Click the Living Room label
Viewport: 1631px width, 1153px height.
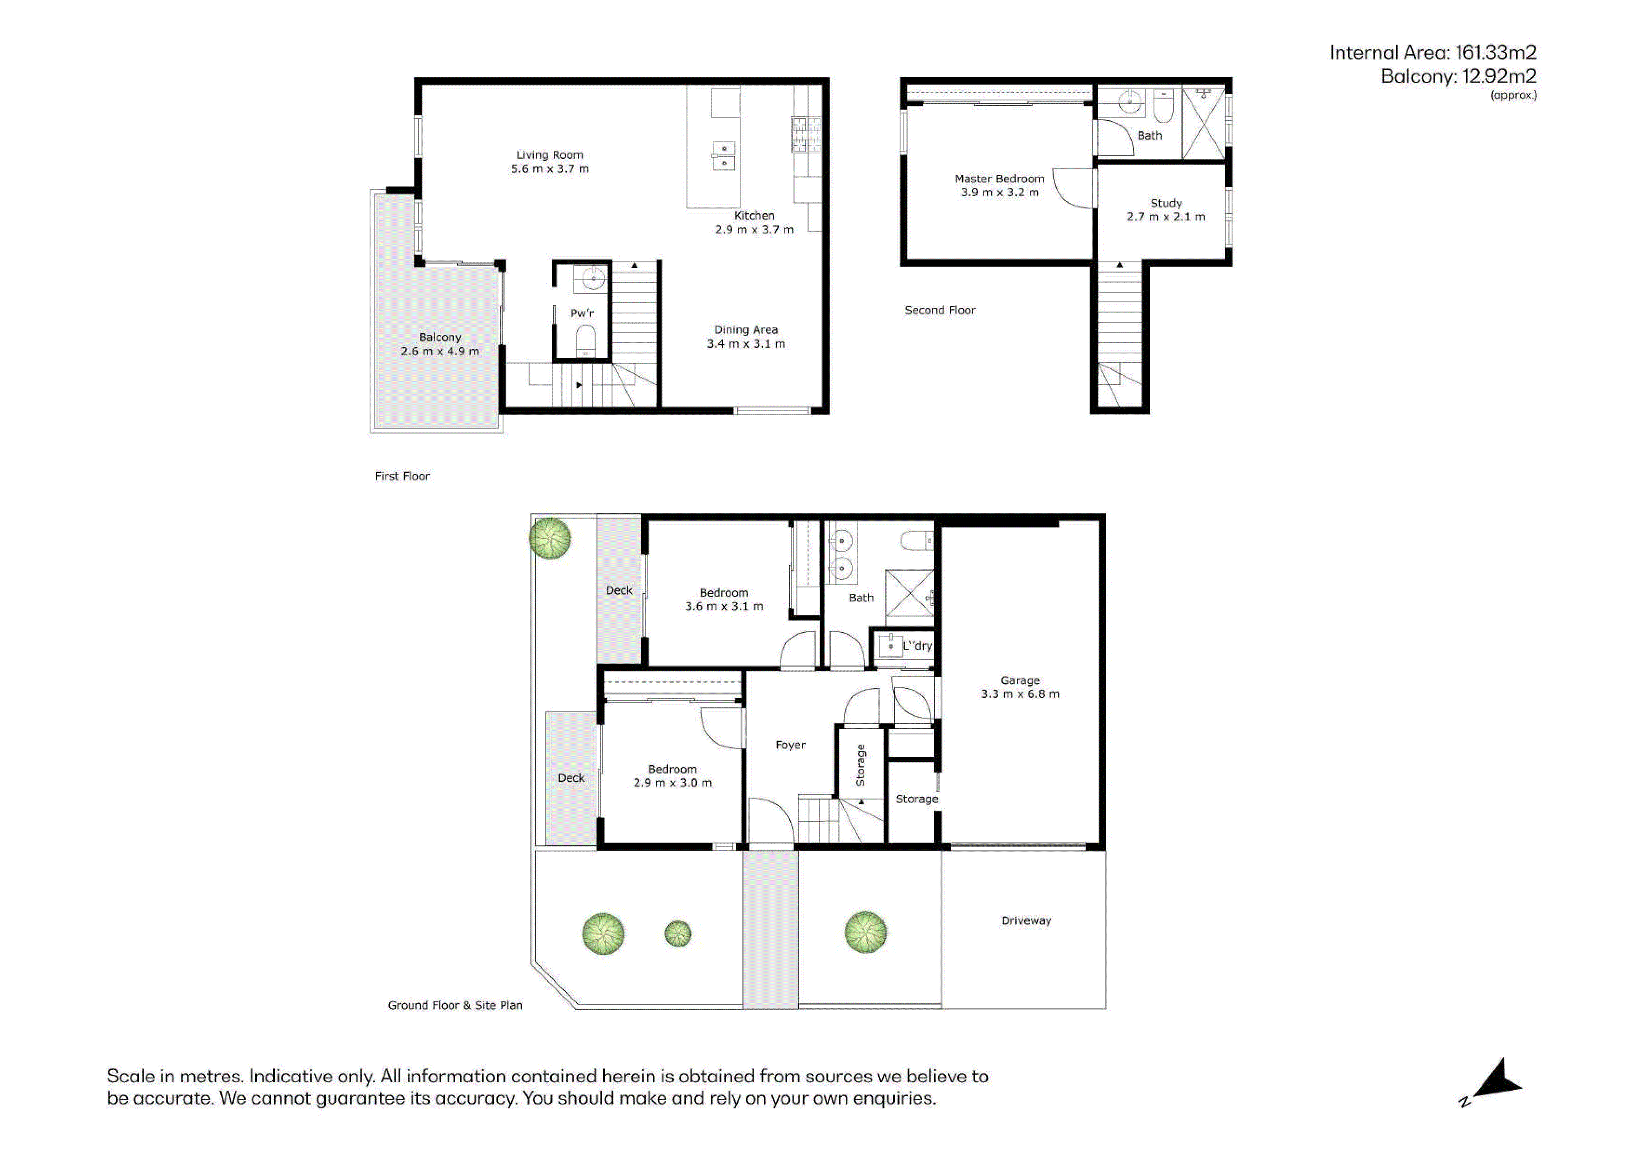click(x=550, y=155)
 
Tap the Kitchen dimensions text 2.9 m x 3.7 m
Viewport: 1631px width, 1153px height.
click(x=755, y=229)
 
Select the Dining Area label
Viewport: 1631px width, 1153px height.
click(x=746, y=330)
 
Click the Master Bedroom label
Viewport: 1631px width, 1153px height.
click(x=1000, y=179)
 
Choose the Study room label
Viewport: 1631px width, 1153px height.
click(x=1166, y=203)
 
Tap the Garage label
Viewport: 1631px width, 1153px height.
click(x=1020, y=680)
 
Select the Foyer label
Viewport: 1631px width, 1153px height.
click(x=791, y=745)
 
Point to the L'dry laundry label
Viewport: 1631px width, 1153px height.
click(x=917, y=646)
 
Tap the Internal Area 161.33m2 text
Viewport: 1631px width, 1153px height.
click(x=1433, y=53)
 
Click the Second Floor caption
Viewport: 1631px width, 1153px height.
click(x=940, y=310)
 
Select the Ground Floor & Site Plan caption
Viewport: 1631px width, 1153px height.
click(x=455, y=1005)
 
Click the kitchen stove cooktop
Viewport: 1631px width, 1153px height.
click(x=806, y=135)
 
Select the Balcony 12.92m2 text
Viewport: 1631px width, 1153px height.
click(x=1459, y=76)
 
